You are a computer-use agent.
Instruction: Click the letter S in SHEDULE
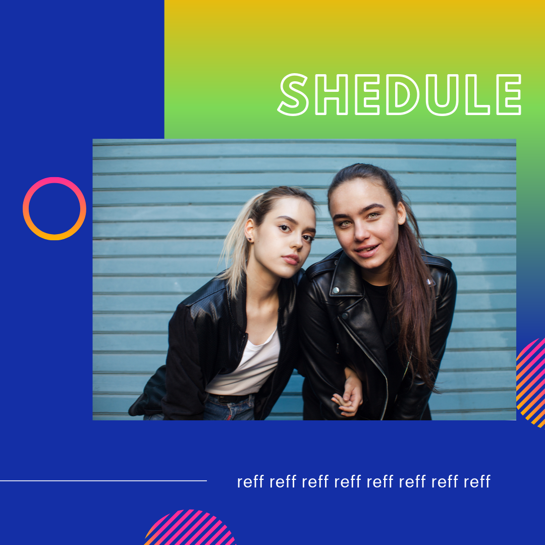[293, 94]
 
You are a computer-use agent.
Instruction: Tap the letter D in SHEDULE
[403, 94]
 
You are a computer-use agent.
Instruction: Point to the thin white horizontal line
[103, 481]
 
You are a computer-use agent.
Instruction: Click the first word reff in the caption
[250, 482]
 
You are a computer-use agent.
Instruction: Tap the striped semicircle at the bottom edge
[190, 528]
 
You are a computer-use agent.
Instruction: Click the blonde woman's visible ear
[250, 230]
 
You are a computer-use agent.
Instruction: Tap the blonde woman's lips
[291, 259]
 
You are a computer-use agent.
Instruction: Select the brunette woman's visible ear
[402, 213]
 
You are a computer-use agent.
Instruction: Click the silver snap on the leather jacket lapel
[336, 290]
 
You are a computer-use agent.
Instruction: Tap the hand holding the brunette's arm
[349, 395]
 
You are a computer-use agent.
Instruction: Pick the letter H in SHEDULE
[331, 94]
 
